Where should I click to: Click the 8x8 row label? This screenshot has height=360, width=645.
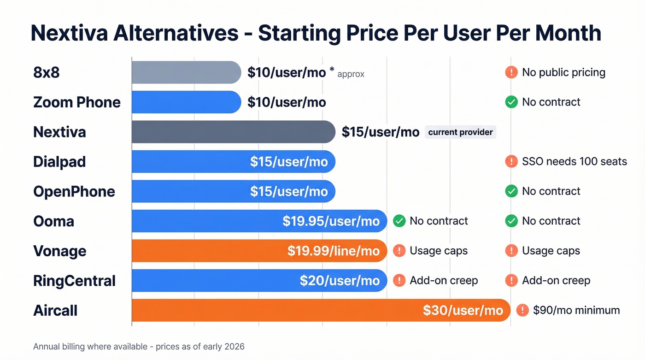click(47, 73)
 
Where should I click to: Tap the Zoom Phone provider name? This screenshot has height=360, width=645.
click(76, 102)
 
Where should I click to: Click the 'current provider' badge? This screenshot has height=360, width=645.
click(460, 132)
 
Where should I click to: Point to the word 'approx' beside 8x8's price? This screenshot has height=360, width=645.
click(351, 74)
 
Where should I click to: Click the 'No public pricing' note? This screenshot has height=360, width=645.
click(563, 72)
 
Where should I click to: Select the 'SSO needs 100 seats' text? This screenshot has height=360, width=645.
click(574, 161)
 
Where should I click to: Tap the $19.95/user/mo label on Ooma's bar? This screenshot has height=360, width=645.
click(331, 221)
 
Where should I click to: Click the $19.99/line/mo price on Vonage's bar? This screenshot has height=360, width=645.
click(334, 251)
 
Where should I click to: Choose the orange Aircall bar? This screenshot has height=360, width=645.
click(276, 310)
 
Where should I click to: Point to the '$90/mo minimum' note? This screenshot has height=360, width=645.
click(576, 310)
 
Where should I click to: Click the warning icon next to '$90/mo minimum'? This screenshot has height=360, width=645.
click(522, 310)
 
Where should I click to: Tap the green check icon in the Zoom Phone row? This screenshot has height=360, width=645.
click(511, 102)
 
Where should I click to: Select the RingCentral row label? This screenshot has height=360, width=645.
click(74, 281)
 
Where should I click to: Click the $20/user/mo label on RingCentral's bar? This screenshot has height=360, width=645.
click(340, 281)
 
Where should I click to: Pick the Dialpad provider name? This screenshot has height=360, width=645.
click(59, 162)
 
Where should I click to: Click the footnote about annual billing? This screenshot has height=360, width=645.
click(139, 346)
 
